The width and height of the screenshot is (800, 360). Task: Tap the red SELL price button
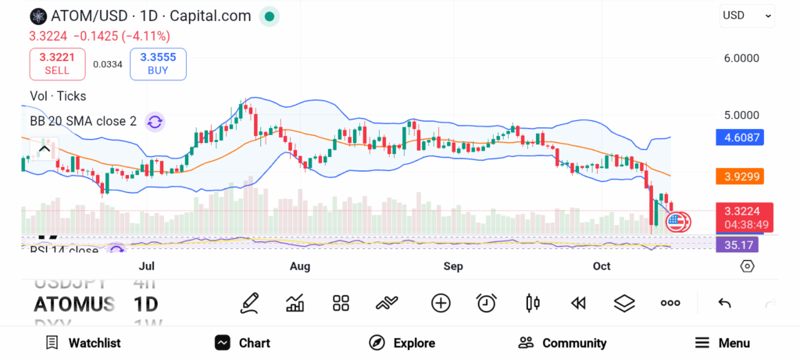57,63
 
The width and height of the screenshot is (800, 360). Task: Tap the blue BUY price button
159,63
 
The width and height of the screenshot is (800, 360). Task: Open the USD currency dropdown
747,15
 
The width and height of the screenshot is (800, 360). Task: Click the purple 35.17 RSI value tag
737,244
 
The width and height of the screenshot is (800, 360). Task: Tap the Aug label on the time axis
300,266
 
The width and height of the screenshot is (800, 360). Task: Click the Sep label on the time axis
453,266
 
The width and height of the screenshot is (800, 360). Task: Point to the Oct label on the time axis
602,266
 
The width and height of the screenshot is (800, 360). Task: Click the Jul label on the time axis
146,266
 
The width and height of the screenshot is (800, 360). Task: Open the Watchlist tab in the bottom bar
84,343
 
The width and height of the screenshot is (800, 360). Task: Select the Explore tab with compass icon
402,343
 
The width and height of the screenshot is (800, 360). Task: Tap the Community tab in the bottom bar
562,343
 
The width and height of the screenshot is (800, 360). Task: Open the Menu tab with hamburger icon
723,343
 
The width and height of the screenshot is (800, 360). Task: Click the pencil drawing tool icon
249,303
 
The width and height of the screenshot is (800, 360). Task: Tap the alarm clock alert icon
487,303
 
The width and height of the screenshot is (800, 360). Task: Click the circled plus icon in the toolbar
441,303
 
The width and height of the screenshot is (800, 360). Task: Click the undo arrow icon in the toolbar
724,303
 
